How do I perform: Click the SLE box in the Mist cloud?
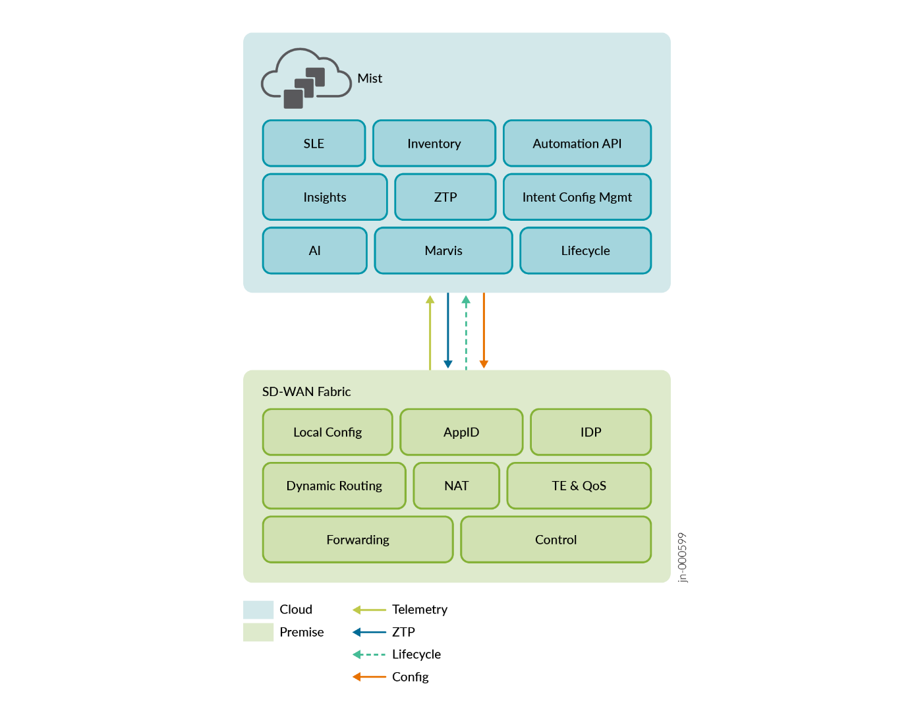coord(314,144)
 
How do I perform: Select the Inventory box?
coord(434,144)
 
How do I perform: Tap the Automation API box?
coord(577,144)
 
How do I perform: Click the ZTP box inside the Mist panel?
coord(445,197)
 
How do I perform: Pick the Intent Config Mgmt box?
coord(577,197)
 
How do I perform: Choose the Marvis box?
coord(443,250)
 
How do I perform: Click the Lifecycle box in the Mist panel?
coord(585,250)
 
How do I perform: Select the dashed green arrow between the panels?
coord(466,332)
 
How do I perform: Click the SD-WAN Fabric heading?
coord(306,391)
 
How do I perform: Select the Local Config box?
coord(328,432)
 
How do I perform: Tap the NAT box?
coord(456,486)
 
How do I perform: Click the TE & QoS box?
coord(579,486)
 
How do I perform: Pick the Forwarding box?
coord(358,540)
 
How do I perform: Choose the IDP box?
coord(590,432)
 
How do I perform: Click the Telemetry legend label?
coord(419,610)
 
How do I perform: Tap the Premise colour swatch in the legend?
coord(258,632)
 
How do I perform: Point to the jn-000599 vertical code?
coord(683,557)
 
